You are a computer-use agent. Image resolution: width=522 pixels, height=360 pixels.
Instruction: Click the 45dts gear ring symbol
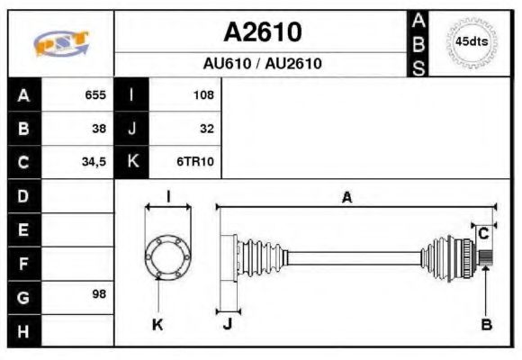tap(471, 42)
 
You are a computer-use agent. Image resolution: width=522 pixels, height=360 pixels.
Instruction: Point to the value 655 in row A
tap(94, 94)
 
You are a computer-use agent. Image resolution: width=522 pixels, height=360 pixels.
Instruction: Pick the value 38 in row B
tap(99, 129)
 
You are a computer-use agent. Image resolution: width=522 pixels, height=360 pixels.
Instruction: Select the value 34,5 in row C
tap(94, 163)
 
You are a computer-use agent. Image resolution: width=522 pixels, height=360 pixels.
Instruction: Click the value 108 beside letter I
tap(202, 94)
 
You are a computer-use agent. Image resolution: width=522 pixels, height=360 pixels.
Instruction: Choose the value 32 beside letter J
tap(206, 129)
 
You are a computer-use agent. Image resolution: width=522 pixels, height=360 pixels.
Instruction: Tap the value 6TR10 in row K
tap(195, 163)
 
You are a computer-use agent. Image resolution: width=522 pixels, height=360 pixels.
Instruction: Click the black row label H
tap(23, 330)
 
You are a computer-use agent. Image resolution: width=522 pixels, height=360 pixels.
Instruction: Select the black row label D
tap(23, 195)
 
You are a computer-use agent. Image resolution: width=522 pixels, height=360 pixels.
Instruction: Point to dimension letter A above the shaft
tap(346, 198)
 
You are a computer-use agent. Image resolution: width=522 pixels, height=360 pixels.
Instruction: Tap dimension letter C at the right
tap(483, 233)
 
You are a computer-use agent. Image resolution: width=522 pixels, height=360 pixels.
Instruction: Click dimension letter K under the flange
tap(157, 325)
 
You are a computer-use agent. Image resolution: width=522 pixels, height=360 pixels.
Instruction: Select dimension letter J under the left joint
tap(227, 325)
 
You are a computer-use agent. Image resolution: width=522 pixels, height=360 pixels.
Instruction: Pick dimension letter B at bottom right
tap(486, 325)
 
